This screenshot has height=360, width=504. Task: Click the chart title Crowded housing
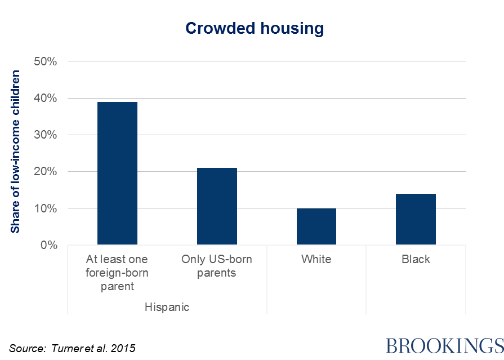255,29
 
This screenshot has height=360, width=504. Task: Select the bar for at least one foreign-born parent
117,174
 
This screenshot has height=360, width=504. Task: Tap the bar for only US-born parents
217,206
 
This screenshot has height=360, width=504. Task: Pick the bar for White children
316,226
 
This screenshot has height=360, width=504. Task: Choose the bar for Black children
416,219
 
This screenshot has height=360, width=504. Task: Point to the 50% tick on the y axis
46,61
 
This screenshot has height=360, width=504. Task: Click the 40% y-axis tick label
46,98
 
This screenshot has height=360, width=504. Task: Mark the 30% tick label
46,135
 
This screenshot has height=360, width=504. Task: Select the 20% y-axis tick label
46,172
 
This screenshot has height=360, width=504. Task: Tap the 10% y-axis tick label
46,208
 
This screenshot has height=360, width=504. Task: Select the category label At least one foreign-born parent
117,273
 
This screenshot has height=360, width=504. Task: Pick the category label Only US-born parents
217,266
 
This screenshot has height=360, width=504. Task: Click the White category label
316,260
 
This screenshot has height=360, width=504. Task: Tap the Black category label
416,260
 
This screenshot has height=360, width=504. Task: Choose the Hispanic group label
167,308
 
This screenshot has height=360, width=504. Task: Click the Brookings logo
444,345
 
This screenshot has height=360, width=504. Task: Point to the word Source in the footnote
25,348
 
